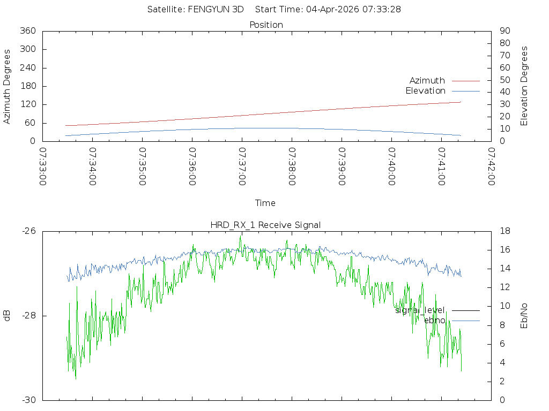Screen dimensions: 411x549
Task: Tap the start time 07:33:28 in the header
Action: tap(384, 9)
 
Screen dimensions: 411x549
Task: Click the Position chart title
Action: tap(266, 25)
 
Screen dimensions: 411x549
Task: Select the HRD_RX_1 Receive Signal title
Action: tap(265, 225)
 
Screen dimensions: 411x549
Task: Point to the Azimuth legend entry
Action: tap(427, 80)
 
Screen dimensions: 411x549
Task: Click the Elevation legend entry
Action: tap(425, 90)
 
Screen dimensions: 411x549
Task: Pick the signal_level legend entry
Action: tap(420, 310)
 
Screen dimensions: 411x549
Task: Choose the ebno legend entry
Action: tap(434, 320)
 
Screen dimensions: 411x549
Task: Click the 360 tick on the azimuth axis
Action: tap(27, 31)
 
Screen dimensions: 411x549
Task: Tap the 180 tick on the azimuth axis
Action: tap(27, 86)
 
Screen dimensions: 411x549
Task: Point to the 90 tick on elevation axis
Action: tap(505, 31)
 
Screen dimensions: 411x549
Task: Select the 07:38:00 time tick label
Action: tap(292, 166)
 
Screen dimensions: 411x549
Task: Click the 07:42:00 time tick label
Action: tap(491, 166)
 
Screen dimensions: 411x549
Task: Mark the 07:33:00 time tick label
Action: tap(43, 166)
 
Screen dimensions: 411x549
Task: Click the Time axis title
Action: tap(265, 203)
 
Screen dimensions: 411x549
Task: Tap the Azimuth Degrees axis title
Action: tap(8, 86)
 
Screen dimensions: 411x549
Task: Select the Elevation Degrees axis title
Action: tap(524, 86)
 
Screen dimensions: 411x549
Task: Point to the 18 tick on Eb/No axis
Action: tap(505, 231)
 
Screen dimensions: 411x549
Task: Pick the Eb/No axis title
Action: tap(524, 316)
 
